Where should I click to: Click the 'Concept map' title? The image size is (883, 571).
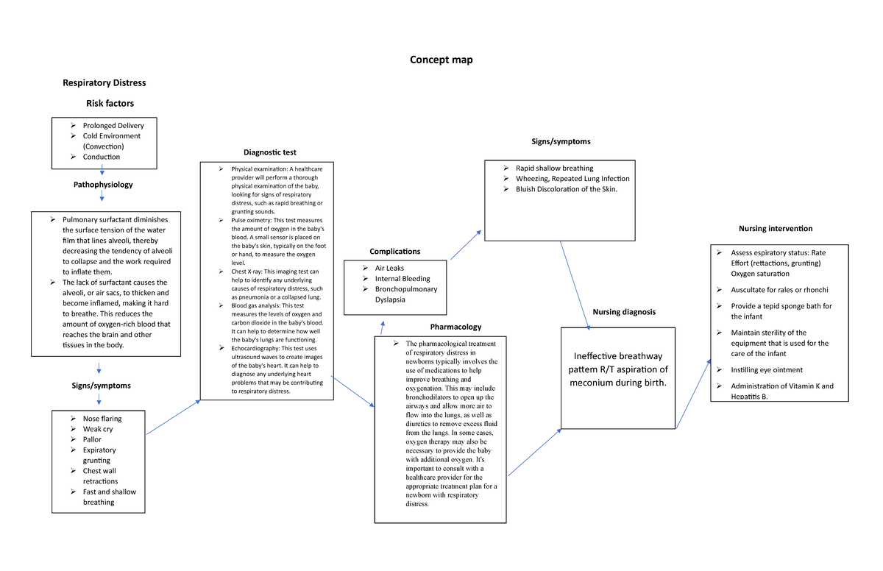441,60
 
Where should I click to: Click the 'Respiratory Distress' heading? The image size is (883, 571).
104,82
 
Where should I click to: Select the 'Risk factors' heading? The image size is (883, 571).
110,104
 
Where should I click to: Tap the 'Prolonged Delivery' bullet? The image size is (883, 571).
113,125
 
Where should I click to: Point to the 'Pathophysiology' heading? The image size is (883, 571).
103,184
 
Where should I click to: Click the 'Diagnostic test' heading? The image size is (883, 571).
270,152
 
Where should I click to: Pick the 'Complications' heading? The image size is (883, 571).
395,252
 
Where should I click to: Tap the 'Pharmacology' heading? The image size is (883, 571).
455,327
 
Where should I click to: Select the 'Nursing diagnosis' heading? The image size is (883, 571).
623,312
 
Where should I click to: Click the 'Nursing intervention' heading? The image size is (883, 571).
776,229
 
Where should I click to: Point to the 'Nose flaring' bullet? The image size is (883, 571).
102,419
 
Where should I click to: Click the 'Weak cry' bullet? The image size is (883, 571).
98,429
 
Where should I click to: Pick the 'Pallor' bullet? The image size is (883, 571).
92,439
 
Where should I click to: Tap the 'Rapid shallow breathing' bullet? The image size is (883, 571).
554,168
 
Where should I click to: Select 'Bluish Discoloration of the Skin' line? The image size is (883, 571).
566,189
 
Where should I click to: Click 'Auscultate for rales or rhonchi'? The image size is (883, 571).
779,290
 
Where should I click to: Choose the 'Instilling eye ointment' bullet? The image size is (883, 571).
767,370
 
